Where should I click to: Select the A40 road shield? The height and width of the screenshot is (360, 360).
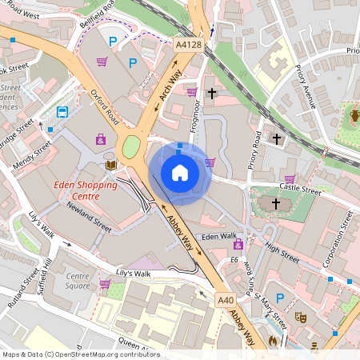click(226, 300)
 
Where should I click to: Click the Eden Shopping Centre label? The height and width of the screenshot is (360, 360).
click(85, 190)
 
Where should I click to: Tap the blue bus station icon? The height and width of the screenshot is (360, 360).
click(62, 111)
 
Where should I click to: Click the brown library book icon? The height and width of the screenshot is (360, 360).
click(110, 165)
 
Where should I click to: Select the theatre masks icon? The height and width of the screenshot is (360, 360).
click(301, 318)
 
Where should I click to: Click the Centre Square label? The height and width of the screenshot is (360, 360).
click(77, 281)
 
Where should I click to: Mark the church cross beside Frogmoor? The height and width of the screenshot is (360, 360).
click(211, 94)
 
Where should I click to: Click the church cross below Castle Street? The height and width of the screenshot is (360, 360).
click(276, 204)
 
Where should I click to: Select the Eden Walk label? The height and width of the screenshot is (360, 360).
click(219, 237)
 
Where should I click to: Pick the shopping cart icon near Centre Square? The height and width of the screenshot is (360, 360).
click(105, 283)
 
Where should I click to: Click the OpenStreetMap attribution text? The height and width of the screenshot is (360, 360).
click(80, 354)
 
